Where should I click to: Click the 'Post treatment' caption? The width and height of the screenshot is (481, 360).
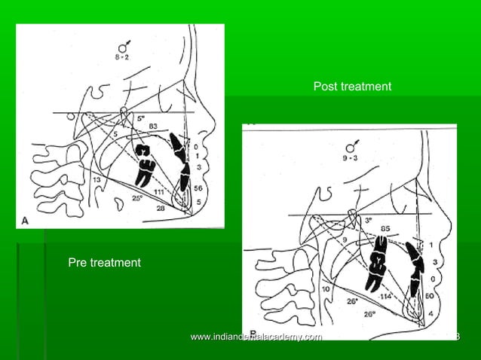coord(352,87)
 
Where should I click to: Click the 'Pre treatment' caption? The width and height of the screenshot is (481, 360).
coord(104,263)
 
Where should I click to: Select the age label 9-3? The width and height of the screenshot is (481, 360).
coord(348,160)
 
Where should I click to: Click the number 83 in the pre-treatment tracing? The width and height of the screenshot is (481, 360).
coord(153,125)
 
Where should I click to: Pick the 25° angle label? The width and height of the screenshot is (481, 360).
coord(136,199)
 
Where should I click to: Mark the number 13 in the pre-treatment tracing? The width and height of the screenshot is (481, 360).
coord(97,180)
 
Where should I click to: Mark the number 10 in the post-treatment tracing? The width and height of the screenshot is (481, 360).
coord(326,288)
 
